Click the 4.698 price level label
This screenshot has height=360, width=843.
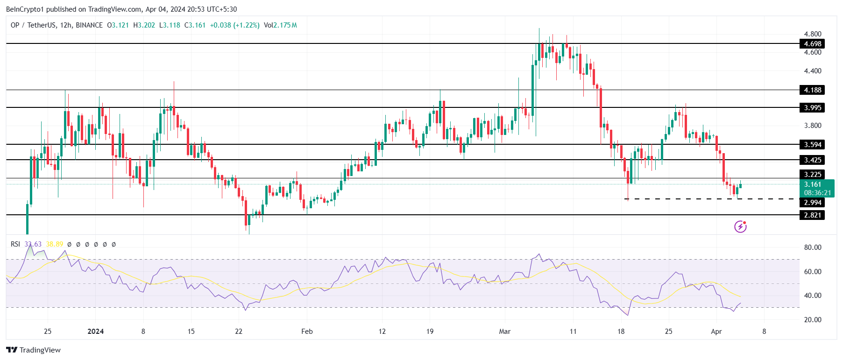(x=812, y=44)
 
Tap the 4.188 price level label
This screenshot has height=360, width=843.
(x=812, y=90)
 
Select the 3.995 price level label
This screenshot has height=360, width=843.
(x=812, y=108)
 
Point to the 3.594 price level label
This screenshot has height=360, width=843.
(x=812, y=145)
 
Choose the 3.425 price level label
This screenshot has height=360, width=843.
(x=812, y=160)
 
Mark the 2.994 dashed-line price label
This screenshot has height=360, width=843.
(x=812, y=203)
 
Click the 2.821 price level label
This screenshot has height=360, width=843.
(x=812, y=215)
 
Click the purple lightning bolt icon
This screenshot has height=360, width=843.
(x=740, y=226)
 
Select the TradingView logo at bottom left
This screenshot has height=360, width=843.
(x=34, y=350)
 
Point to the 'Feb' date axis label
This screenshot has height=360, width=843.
(x=307, y=332)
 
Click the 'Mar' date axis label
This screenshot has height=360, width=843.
(x=505, y=332)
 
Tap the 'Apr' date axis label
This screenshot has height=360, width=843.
(x=716, y=332)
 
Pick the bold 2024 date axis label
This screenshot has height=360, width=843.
(x=96, y=332)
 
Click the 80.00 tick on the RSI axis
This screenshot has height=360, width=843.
(x=812, y=247)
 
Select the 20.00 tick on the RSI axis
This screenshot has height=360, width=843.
(x=812, y=320)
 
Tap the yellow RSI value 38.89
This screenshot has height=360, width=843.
(x=55, y=244)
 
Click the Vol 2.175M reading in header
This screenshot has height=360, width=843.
(x=280, y=25)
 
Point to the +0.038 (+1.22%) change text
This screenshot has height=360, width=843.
(x=234, y=25)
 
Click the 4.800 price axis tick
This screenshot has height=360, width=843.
(x=812, y=34)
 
